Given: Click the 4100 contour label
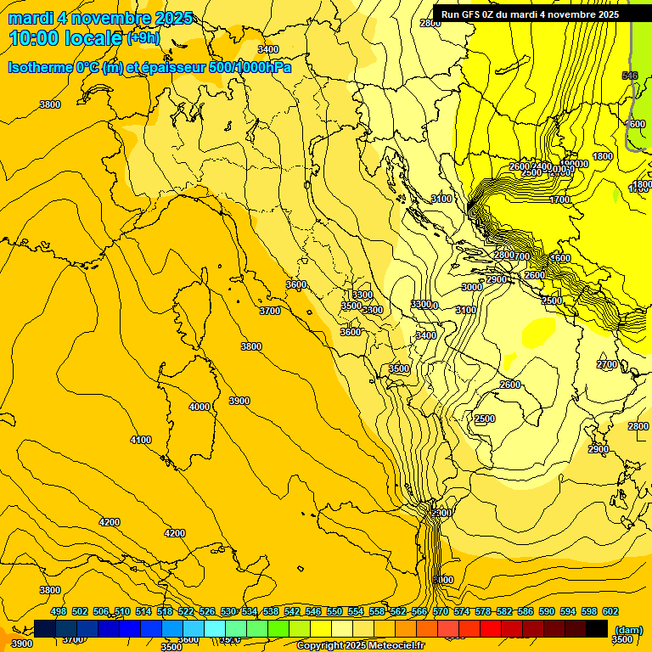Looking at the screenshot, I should pos(141,440).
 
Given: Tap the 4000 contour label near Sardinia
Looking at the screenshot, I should pos(200,407).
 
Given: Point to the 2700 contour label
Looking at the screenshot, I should pos(607,364).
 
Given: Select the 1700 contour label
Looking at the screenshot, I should pos(559,200).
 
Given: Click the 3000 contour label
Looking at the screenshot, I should pos(472,288).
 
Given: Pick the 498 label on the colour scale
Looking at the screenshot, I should pos(59,611).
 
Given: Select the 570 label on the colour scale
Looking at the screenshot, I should pos(441,611).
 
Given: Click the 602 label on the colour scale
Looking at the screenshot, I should pos(610,611).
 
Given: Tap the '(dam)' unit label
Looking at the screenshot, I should pos(627,630).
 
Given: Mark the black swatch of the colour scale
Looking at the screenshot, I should pos(597,628).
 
